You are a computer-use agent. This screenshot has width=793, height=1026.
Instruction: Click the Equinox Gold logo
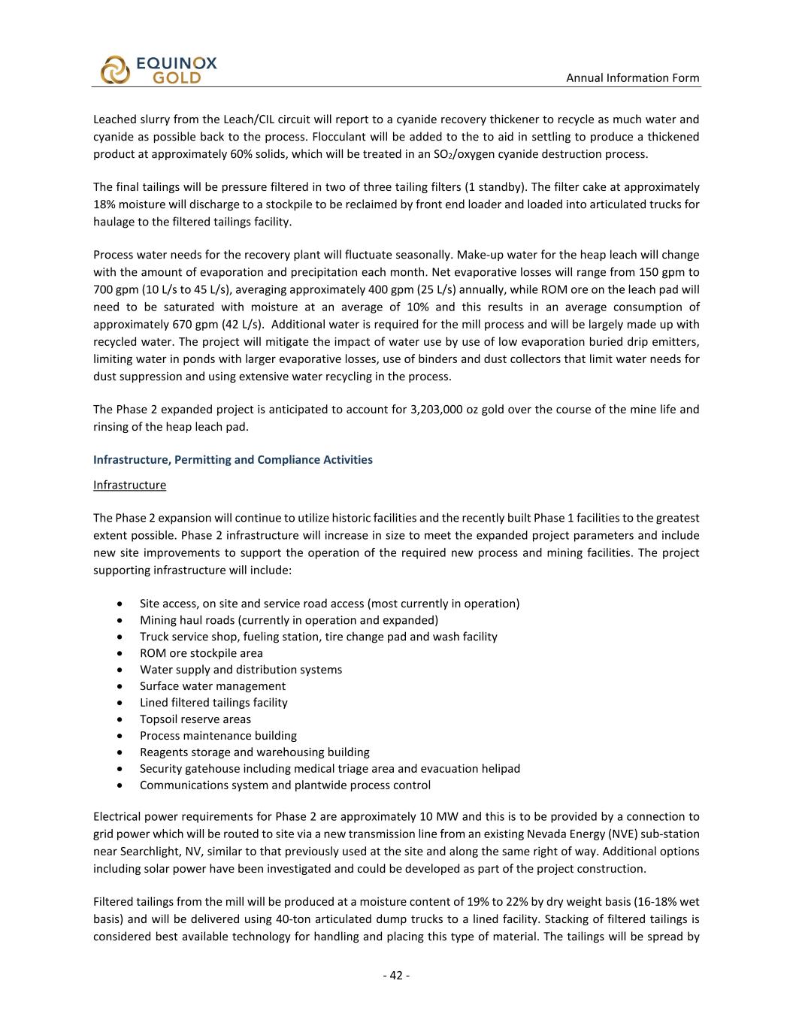click(158, 70)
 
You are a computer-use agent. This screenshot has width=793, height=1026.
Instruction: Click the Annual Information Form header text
click(632, 77)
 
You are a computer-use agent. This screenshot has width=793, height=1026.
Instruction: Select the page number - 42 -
click(396, 976)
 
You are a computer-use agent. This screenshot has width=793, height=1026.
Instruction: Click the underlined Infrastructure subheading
click(129, 485)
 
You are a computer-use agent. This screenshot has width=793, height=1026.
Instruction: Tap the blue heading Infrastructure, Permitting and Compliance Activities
click(232, 459)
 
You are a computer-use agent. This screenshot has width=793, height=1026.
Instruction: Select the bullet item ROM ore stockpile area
click(201, 653)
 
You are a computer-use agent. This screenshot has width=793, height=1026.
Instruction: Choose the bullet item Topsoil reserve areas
click(195, 719)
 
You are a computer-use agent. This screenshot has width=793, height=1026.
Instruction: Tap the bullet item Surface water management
click(212, 686)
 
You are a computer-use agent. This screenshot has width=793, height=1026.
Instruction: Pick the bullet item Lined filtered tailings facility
click(213, 703)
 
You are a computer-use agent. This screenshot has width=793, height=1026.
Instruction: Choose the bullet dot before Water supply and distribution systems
click(121, 670)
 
